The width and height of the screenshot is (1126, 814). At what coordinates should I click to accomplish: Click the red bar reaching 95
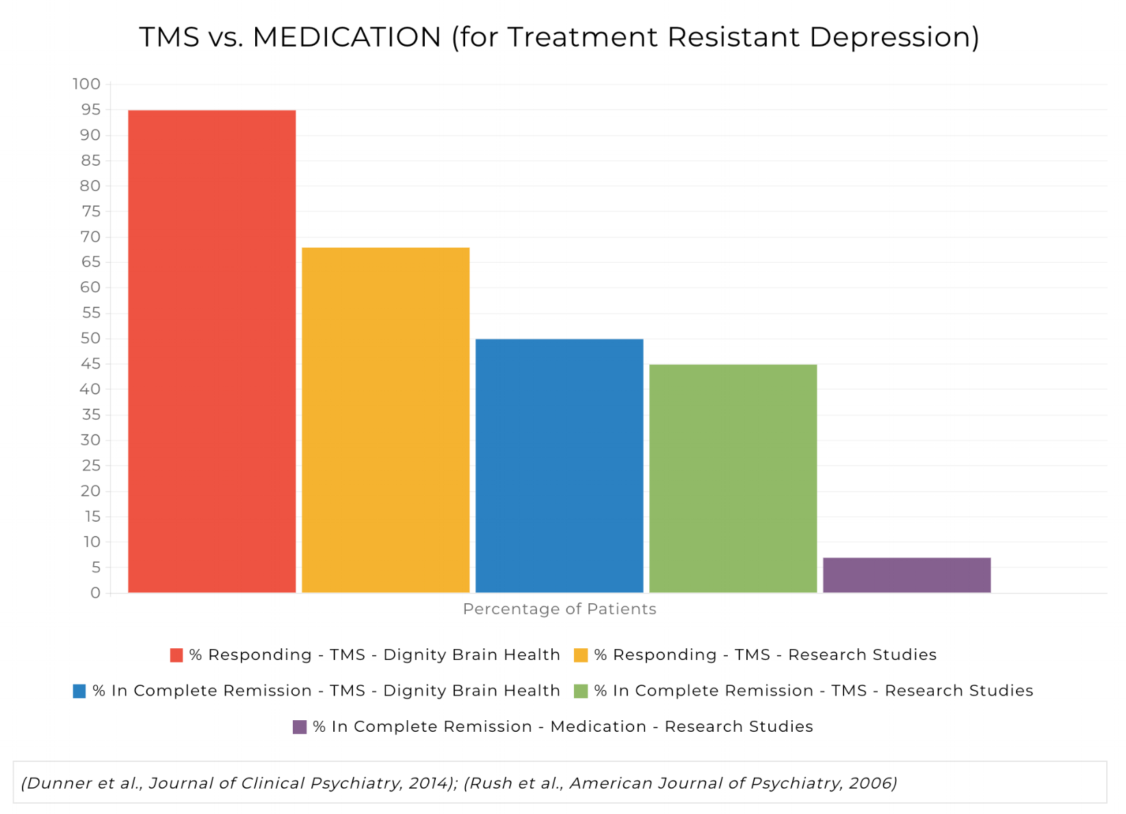(x=212, y=351)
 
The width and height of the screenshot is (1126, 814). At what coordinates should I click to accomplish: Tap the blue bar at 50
(x=560, y=466)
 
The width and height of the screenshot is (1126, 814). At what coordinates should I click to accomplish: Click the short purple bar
(x=906, y=575)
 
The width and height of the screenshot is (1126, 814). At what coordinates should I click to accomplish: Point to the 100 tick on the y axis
(x=86, y=84)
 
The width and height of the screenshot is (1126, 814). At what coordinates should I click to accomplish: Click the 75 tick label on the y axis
(x=90, y=212)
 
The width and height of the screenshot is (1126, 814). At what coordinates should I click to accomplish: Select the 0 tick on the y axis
(x=95, y=593)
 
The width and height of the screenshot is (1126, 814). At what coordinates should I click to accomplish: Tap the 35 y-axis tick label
(x=90, y=415)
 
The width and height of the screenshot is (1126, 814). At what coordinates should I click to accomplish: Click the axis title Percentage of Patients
(x=560, y=609)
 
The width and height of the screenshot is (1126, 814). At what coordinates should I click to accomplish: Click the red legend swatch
(x=176, y=655)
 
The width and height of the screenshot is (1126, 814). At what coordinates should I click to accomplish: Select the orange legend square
(x=581, y=655)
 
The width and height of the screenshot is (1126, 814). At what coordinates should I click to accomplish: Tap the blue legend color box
(x=79, y=691)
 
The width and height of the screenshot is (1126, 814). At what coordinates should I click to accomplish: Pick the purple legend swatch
(x=300, y=727)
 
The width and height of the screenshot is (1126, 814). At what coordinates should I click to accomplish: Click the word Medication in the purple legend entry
(x=598, y=726)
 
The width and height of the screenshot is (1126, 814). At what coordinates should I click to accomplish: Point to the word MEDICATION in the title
(x=347, y=37)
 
